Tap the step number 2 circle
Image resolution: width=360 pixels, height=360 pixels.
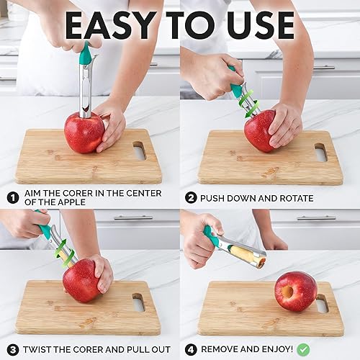click(x=191, y=197)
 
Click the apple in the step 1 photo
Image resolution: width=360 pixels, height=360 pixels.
click(x=83, y=132)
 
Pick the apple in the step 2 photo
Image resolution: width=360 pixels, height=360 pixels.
click(x=259, y=130)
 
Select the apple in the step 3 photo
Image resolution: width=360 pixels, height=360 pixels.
click(x=81, y=281)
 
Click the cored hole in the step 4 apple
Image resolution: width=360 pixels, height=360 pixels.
click(x=287, y=292)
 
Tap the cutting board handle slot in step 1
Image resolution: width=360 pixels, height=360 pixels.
click(x=139, y=150)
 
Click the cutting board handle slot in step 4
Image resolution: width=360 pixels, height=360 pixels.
click(x=322, y=303)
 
